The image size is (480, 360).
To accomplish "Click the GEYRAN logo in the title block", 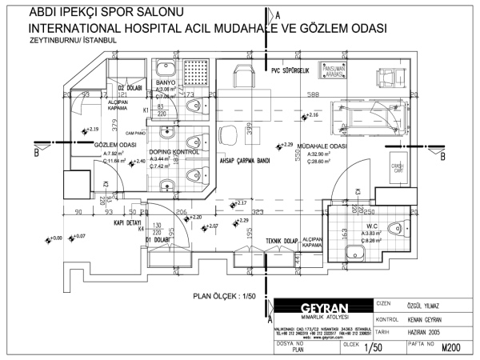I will coord(324,309).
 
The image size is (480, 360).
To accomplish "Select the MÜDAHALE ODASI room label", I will coord(321,146).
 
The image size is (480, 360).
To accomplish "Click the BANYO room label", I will coord(166,82).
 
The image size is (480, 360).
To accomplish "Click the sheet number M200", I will coord(452,348).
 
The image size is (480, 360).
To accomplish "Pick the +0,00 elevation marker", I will coord(56,238).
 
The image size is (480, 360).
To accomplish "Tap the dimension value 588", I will coord(314,95).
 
